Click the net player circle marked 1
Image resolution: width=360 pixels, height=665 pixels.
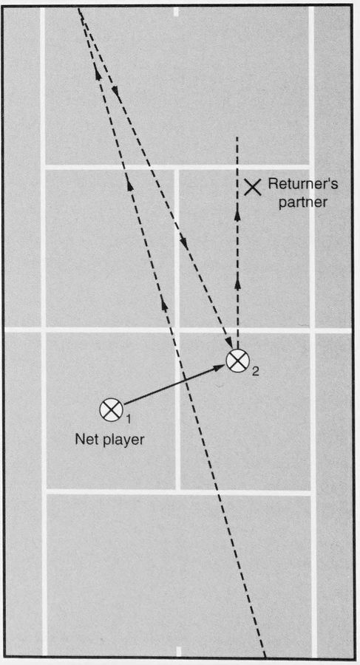coord(111,409)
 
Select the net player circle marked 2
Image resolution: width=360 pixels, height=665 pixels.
coord(237,361)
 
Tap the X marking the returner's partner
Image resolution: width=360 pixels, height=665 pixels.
coord(253,187)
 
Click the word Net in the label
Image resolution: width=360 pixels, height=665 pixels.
coord(84,440)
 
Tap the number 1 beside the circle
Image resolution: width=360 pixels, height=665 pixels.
coord(129,420)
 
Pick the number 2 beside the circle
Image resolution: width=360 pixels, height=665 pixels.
coord(255,372)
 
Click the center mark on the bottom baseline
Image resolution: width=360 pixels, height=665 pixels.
coord(179,651)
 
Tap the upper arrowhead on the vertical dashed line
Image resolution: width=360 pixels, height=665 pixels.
coord(237,215)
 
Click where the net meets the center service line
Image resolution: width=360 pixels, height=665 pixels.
coord(177,330)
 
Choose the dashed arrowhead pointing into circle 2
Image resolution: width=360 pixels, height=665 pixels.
coord(230,342)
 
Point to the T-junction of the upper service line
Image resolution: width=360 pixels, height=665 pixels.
coord(176,167)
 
